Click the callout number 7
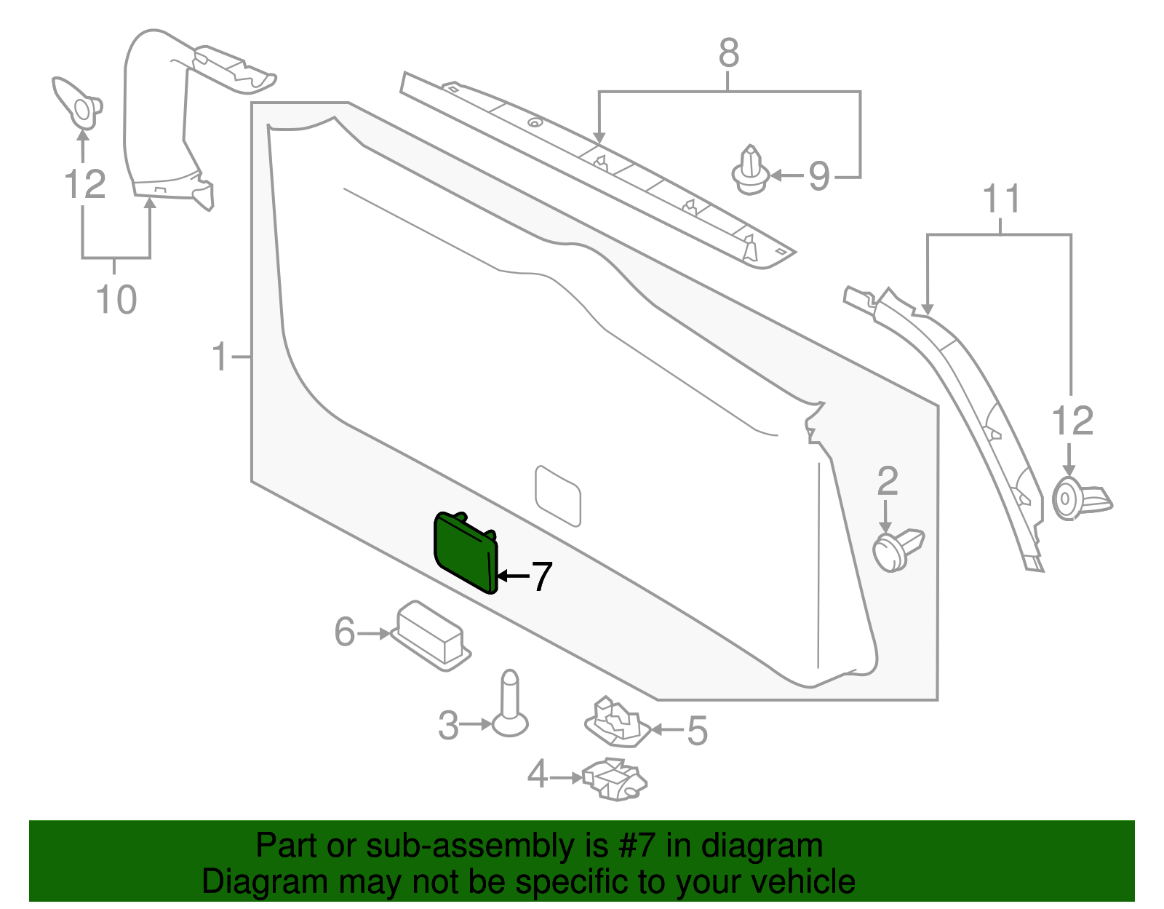(x=542, y=576)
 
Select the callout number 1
(x=220, y=357)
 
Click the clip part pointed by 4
(x=615, y=779)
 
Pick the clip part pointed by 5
(x=617, y=723)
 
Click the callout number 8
(x=728, y=53)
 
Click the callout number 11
(x=1002, y=198)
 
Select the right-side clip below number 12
(x=1080, y=499)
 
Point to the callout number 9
(x=819, y=175)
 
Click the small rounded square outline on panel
(x=558, y=495)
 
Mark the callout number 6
(x=345, y=632)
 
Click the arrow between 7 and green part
(x=513, y=576)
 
